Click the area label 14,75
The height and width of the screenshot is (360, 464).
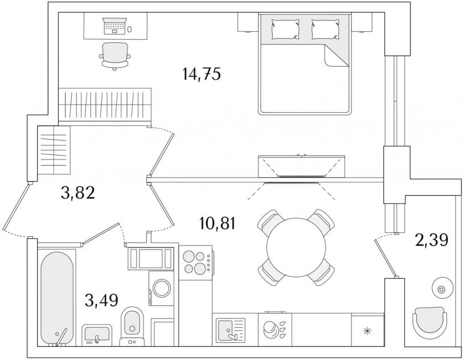(202, 73)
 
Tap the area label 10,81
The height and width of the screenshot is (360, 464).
(218, 223)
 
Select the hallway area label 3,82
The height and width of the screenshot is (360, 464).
(78, 193)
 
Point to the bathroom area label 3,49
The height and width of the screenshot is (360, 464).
(101, 300)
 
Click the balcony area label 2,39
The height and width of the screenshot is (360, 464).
(432, 240)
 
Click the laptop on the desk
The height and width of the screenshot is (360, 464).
(114, 26)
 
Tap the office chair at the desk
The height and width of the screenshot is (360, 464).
(115, 56)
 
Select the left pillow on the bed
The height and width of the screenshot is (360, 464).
(285, 29)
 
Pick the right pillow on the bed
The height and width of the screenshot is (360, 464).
(326, 29)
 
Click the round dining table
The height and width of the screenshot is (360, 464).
(296, 247)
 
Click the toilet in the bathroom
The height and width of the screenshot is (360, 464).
(132, 326)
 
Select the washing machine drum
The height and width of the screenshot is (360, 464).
(162, 288)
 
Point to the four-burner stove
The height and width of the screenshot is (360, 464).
(196, 263)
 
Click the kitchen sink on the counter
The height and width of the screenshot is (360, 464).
(231, 330)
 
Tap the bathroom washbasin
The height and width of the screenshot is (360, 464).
(97, 335)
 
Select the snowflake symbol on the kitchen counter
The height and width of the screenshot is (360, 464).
(367, 331)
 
